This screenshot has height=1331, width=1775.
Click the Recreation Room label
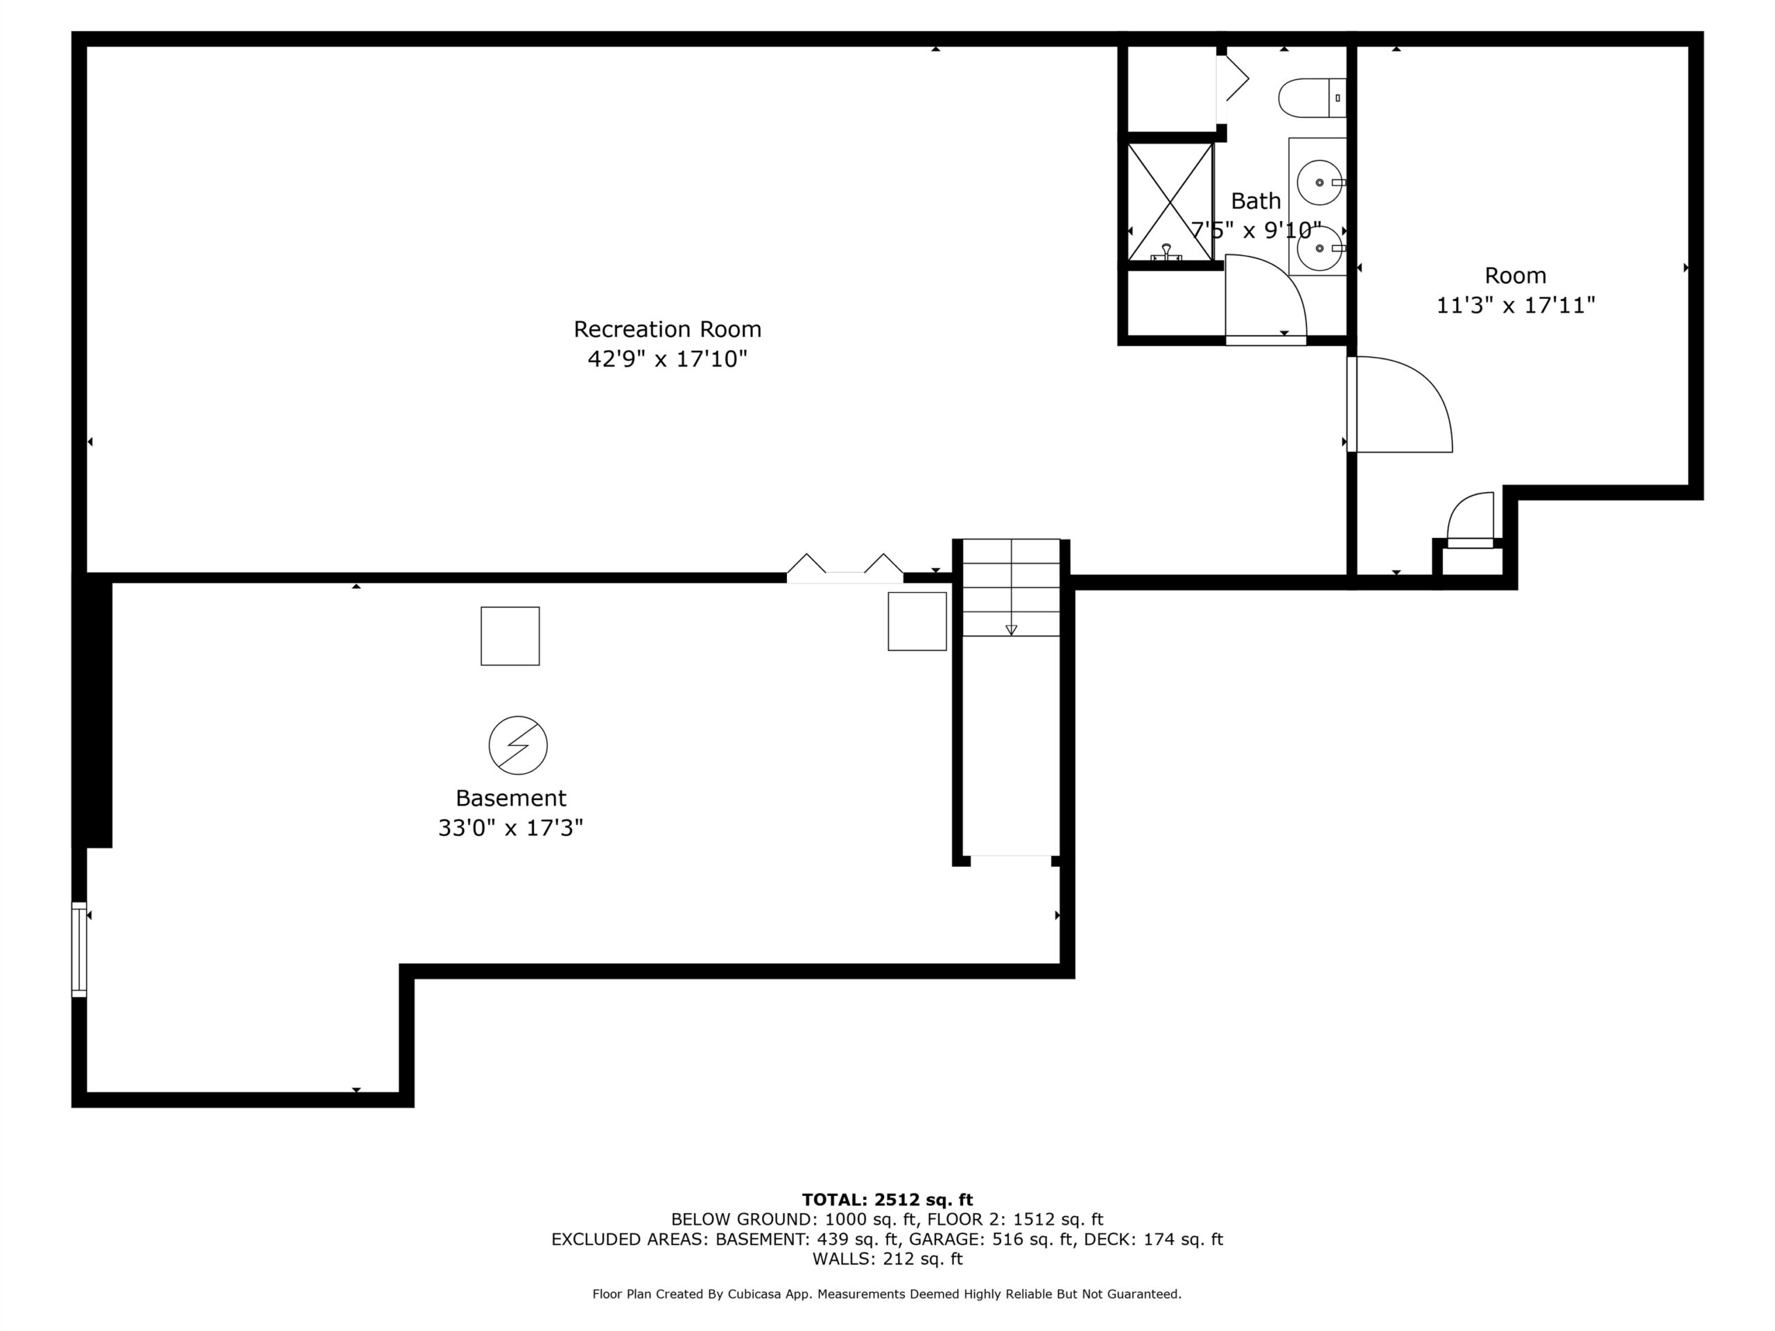(667, 329)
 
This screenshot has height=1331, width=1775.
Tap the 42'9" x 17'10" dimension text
(667, 358)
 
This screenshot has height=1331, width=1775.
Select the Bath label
(1256, 200)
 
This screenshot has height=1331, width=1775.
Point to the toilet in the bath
(1311, 98)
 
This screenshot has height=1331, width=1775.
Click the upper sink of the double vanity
(1319, 182)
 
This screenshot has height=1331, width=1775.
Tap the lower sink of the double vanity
(1319, 248)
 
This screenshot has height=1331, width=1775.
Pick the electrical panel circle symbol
(519, 745)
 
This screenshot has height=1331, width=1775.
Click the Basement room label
(511, 799)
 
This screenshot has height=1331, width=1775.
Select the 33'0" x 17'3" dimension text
(510, 828)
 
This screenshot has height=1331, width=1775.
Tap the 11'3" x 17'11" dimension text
(1516, 306)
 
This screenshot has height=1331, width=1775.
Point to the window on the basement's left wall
(78, 950)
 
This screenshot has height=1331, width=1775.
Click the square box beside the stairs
(917, 621)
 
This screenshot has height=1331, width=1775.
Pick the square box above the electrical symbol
(510, 636)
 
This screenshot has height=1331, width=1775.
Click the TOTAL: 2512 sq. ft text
(887, 1199)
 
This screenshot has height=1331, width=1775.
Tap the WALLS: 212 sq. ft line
(887, 1259)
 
